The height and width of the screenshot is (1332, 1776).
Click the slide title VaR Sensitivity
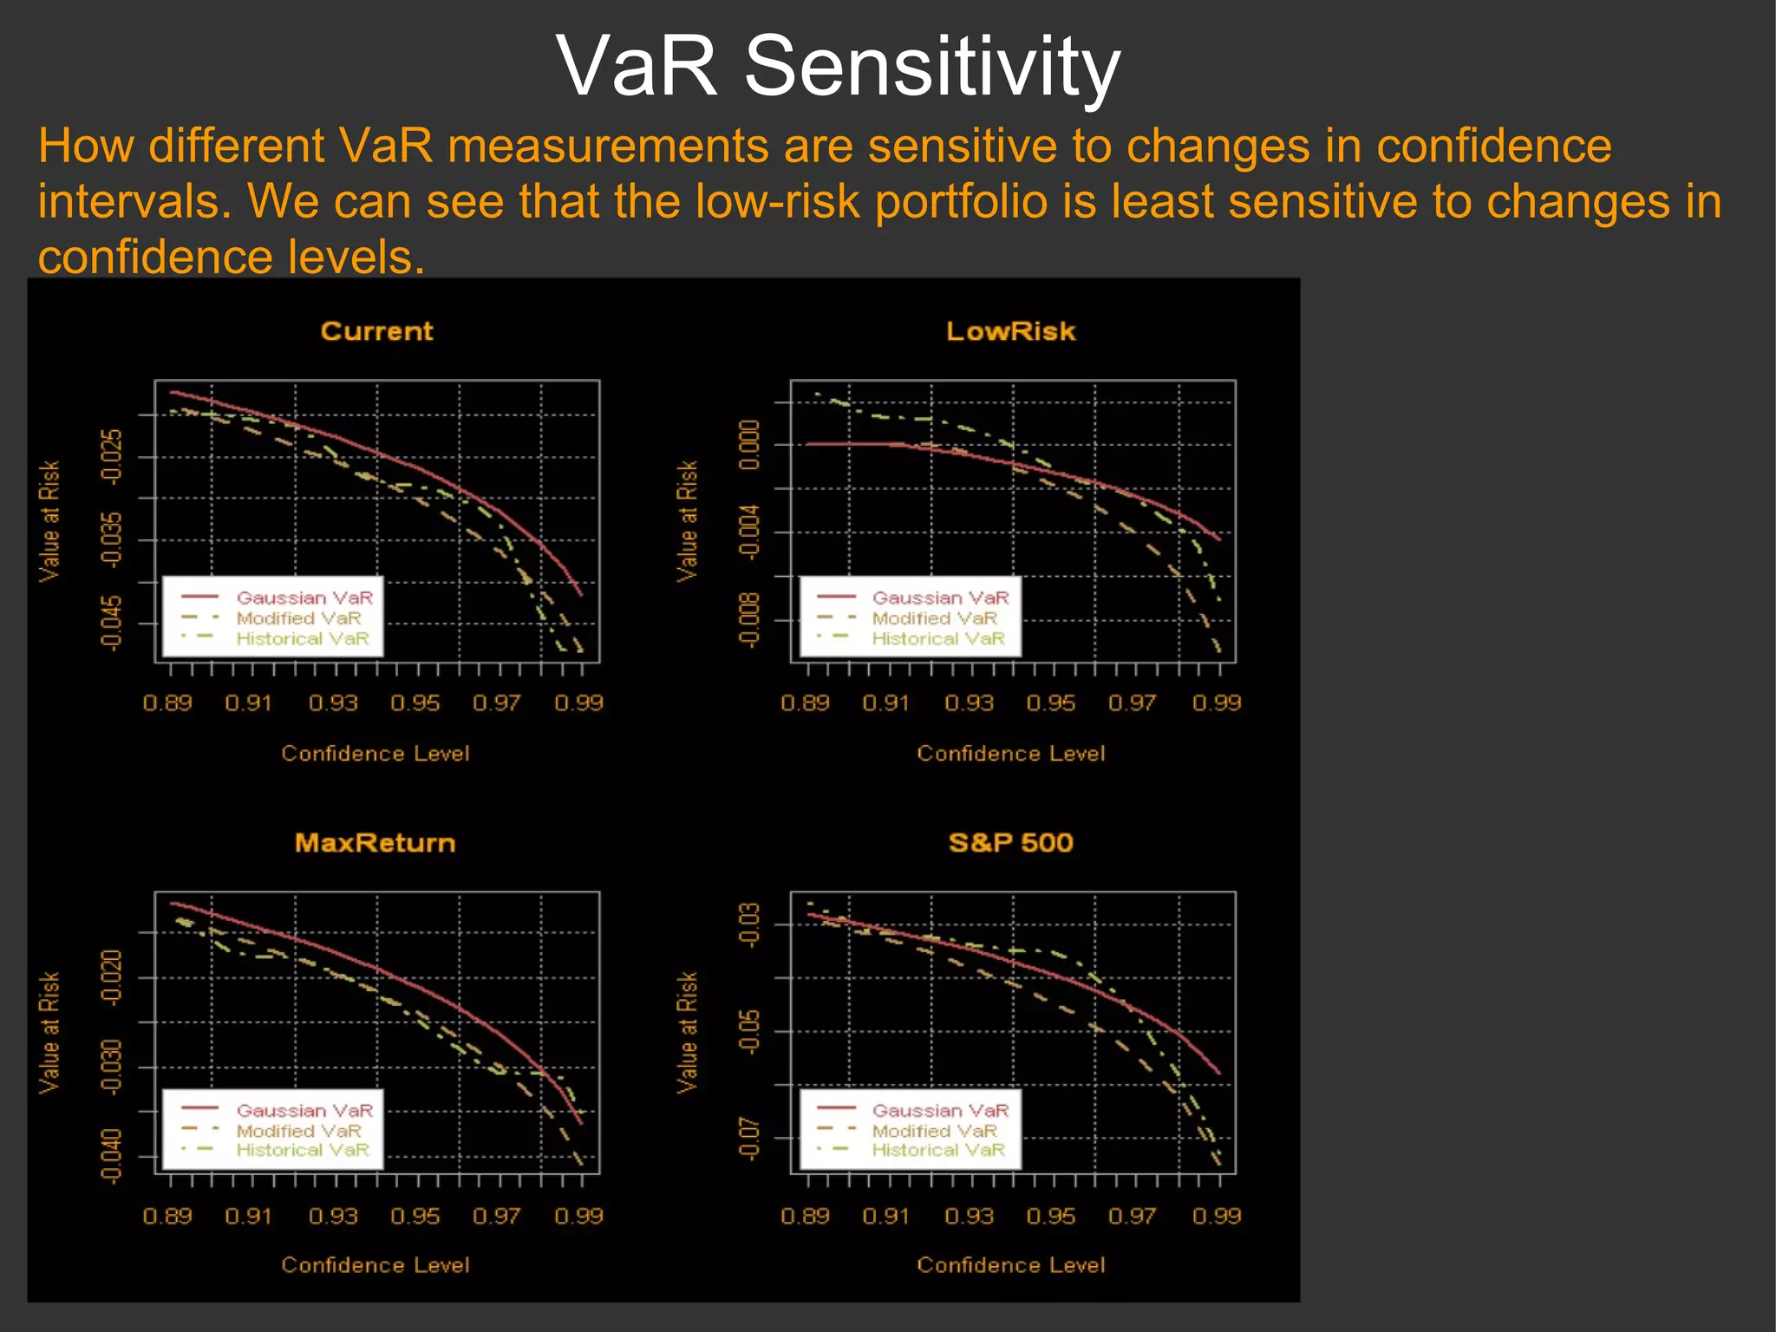coord(838,66)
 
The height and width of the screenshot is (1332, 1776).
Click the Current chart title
coord(376,331)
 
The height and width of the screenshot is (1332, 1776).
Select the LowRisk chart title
coord(1010,331)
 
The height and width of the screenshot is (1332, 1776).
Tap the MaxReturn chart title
coord(375,843)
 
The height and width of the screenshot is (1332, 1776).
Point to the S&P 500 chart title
coord(1010,843)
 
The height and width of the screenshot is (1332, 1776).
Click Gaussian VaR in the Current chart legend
coord(304,597)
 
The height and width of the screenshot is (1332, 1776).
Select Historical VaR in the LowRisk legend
coord(938,639)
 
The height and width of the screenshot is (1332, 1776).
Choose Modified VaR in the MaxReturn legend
coord(298,1131)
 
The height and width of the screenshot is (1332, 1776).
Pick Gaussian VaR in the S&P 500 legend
coord(940,1110)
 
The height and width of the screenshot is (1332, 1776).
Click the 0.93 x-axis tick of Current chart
coord(333,702)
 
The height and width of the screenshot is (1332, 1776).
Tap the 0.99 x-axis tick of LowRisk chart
coord(1216,702)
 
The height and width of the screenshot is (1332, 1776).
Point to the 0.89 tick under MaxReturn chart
coord(167,1216)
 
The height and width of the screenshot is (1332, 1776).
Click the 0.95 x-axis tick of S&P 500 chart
coord(1050,1216)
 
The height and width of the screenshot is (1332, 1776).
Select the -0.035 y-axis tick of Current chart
coord(112,539)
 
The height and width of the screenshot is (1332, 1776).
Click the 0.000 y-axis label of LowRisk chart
coord(749,445)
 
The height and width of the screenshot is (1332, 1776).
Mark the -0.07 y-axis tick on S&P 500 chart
coord(749,1139)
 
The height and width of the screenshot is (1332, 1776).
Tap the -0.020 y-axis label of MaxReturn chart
coord(112,977)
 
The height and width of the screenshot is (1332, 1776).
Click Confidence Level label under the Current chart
coord(375,753)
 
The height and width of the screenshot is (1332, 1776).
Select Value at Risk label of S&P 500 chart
coord(687,1032)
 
